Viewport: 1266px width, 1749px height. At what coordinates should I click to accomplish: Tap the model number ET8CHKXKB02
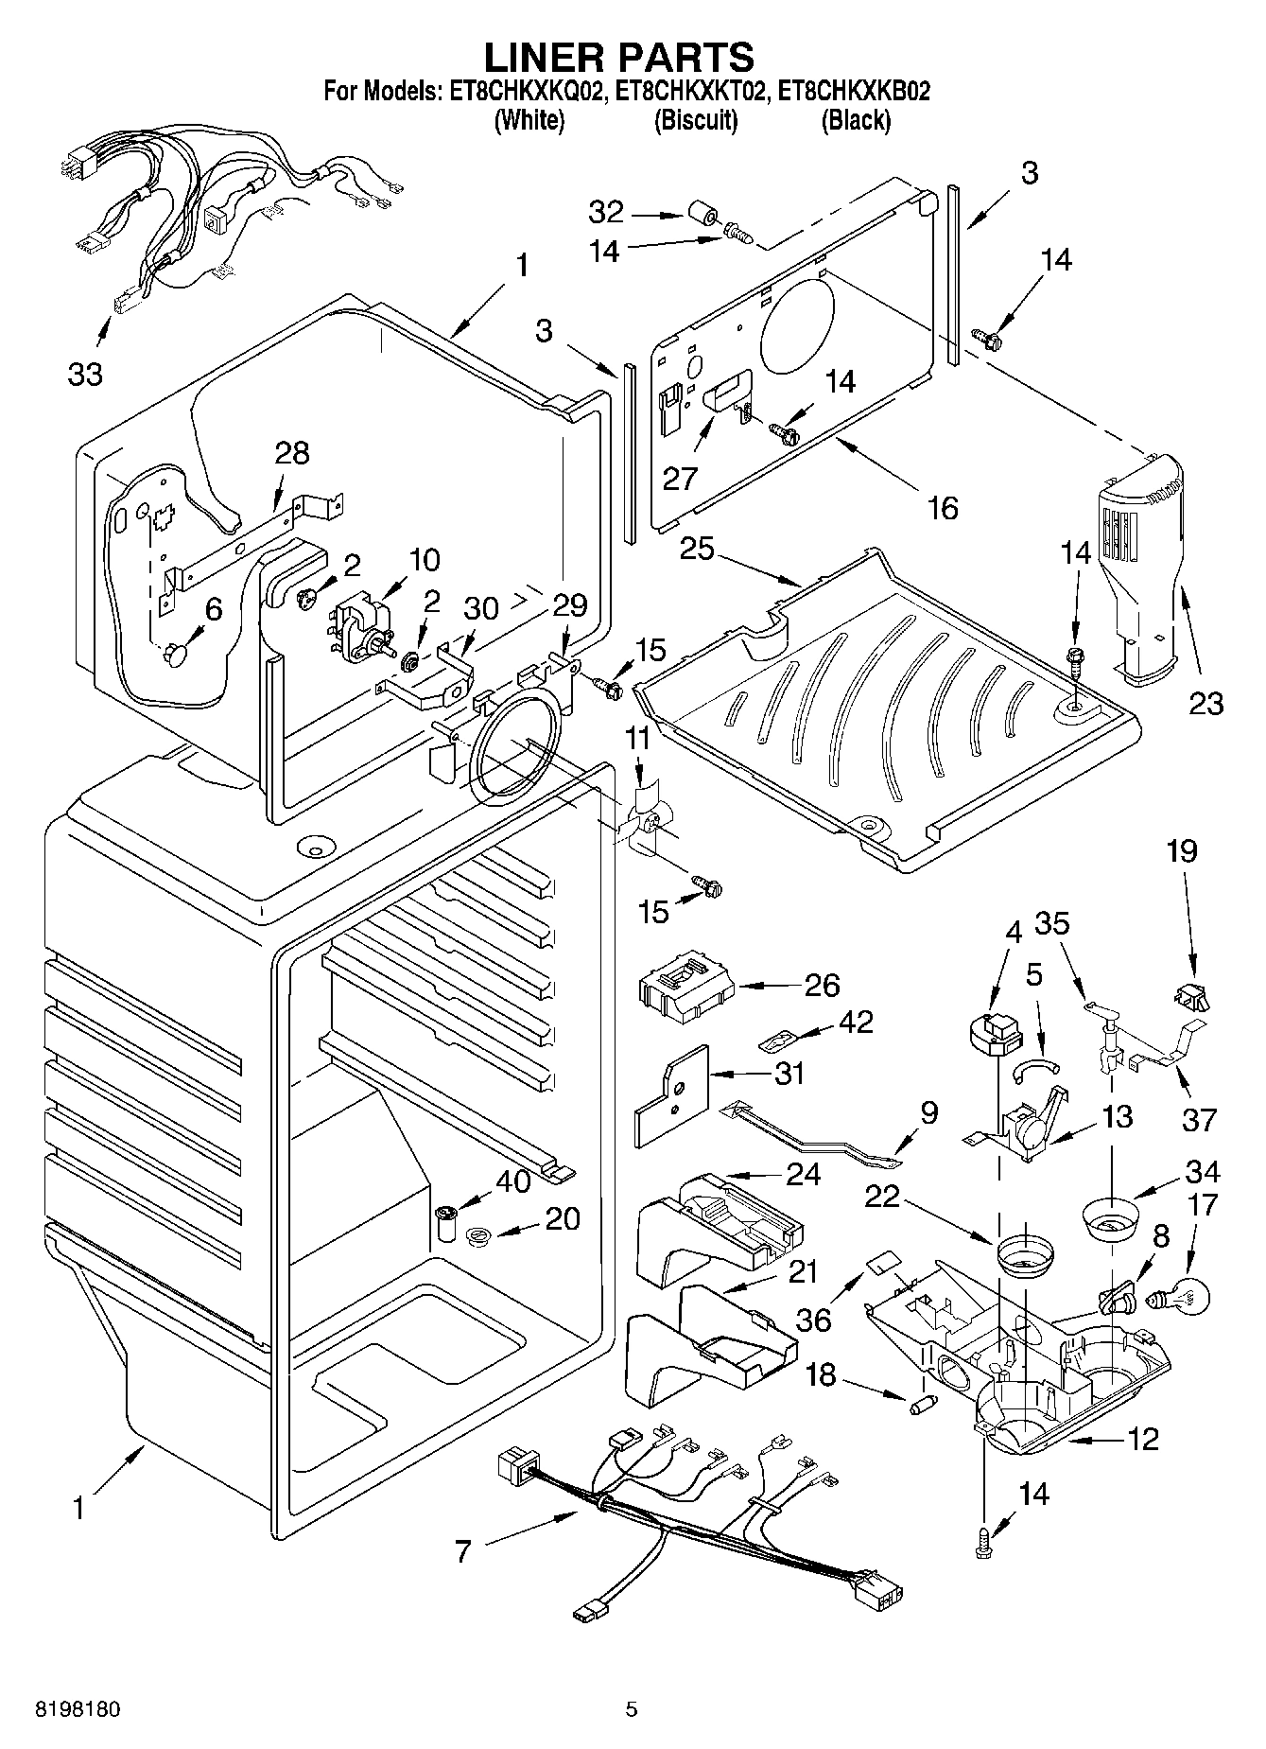854,92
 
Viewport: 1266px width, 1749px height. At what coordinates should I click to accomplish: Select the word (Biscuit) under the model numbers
695,120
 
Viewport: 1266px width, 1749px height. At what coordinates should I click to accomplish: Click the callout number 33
85,375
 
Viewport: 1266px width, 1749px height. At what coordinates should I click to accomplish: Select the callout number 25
697,548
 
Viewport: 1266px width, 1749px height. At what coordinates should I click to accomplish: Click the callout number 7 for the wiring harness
462,1551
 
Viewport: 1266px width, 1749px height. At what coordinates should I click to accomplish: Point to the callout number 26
822,985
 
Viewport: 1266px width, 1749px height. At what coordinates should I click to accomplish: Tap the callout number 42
855,1022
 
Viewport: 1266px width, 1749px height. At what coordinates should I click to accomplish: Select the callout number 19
1182,851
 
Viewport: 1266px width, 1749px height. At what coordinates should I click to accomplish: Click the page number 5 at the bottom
632,1709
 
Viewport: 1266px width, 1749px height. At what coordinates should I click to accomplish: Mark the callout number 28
292,453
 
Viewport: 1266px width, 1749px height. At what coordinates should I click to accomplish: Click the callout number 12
1142,1439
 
